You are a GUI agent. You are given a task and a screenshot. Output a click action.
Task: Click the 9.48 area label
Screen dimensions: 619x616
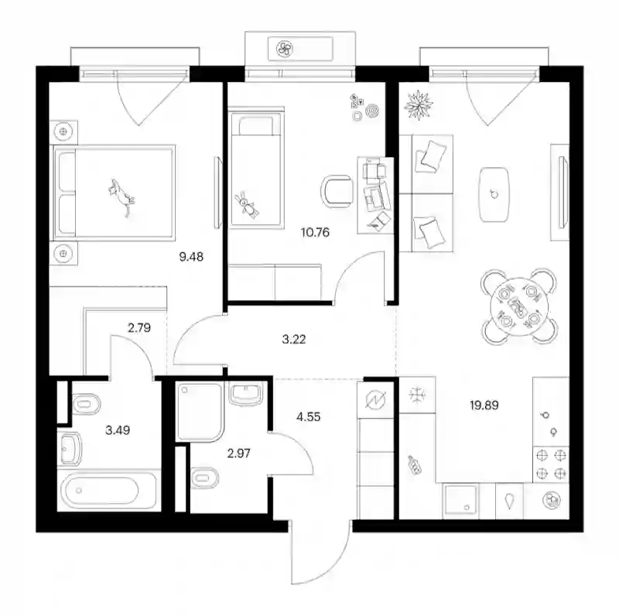[x=191, y=257]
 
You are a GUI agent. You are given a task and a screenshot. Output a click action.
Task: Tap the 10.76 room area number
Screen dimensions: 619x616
[x=315, y=232]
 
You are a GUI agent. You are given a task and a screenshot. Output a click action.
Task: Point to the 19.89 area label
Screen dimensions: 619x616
[x=484, y=406]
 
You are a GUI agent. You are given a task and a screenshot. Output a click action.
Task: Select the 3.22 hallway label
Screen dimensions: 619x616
[x=294, y=339]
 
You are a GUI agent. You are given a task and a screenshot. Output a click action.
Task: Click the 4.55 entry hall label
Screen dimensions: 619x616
[x=308, y=416]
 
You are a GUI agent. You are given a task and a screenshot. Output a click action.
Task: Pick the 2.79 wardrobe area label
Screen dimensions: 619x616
[x=139, y=328]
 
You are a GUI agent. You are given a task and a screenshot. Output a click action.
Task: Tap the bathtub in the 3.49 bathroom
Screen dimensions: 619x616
[x=101, y=491]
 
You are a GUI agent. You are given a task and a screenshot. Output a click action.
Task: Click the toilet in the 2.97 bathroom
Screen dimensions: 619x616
[x=204, y=478]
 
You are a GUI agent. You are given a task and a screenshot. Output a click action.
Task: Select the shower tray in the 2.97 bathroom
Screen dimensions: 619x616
[x=200, y=412]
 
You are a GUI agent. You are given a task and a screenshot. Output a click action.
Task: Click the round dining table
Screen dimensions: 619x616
[x=518, y=306]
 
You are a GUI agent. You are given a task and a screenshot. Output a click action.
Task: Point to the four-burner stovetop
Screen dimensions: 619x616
[x=551, y=464]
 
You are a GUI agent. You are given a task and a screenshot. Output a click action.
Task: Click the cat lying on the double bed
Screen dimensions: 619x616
[x=121, y=197]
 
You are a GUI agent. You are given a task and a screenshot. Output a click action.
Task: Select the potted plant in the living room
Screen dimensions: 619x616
[x=419, y=104]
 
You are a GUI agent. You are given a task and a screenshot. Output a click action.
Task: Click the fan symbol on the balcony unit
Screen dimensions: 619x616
[x=284, y=49]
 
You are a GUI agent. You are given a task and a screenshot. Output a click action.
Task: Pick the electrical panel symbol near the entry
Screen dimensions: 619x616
[x=375, y=400]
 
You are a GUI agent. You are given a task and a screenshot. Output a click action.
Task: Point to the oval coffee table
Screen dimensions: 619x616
[x=494, y=194]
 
